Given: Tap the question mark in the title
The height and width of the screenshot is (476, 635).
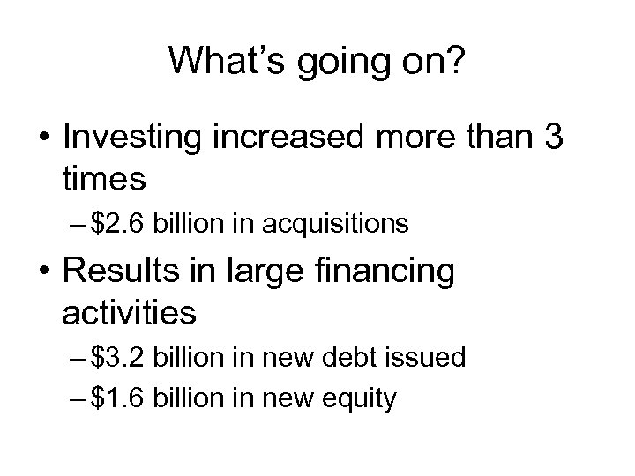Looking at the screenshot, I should [456, 61].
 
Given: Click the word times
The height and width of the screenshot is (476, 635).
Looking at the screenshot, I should [104, 180].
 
